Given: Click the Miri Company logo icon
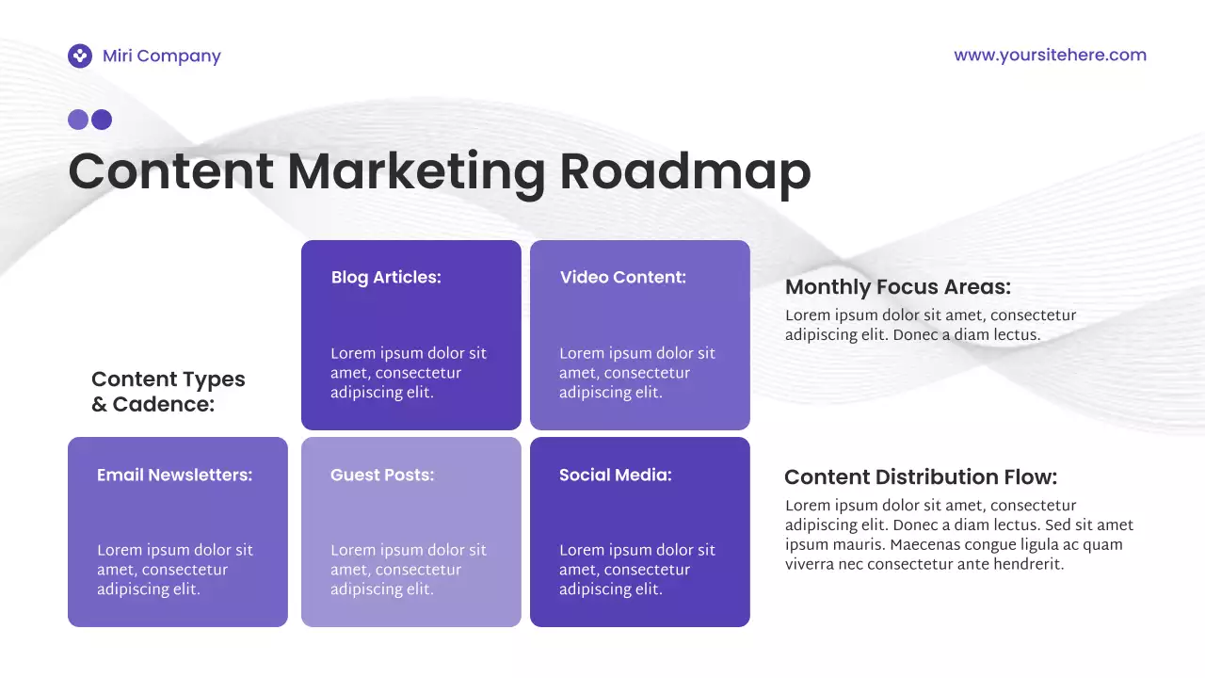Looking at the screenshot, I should point(80,56).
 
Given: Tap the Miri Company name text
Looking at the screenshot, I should point(162,56).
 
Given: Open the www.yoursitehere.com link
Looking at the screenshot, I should point(1050,55).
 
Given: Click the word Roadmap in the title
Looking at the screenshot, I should point(684,171).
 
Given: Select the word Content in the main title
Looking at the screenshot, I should point(171,171).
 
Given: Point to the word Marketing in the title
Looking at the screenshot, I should point(416,173).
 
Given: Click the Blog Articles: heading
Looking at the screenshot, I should point(386,278).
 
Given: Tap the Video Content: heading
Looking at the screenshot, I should point(623,278).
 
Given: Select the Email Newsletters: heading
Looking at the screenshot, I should point(174,476).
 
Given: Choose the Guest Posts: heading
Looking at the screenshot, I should point(382,476).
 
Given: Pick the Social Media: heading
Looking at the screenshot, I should point(616,476).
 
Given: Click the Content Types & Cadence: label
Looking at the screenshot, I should point(168,392).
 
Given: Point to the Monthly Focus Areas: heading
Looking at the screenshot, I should point(898,287).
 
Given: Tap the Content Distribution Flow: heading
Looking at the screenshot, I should point(921,477).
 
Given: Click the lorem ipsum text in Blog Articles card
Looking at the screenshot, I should point(409,373).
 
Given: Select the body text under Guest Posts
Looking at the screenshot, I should point(409,570).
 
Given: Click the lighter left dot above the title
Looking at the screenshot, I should point(78,120).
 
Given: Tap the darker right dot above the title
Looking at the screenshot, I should point(102,120).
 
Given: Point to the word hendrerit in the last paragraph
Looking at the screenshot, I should point(1028,565).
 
